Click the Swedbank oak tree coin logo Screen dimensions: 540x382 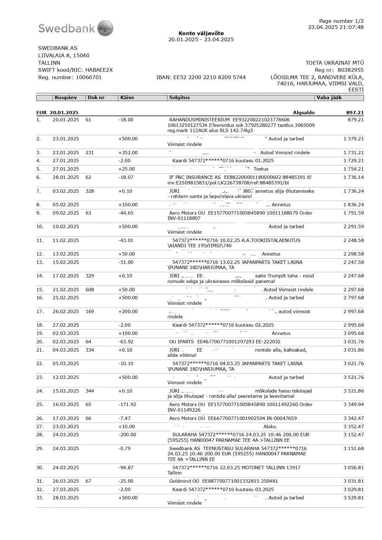105,28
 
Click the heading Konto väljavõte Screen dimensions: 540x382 201,33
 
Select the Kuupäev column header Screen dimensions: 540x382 66,98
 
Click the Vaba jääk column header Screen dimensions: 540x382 329,98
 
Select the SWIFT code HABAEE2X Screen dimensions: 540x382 99,70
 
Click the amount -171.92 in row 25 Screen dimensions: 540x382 127,405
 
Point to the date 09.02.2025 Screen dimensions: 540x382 66,213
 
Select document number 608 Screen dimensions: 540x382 90,290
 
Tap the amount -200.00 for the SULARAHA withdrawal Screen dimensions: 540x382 127,435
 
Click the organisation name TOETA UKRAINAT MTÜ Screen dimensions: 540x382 334,63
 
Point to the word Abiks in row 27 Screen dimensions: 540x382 270,427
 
